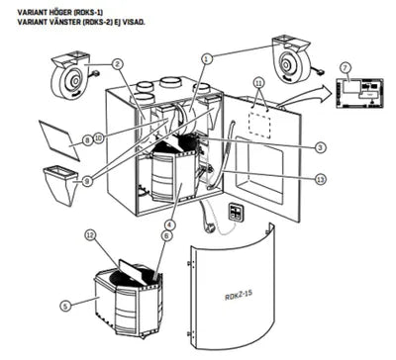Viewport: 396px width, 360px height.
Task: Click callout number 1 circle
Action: pyautogui.click(x=208, y=58)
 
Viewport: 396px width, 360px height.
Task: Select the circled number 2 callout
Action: pyautogui.click(x=117, y=64)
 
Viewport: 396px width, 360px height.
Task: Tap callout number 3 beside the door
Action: pyautogui.click(x=321, y=147)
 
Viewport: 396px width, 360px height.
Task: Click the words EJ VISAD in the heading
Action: pyautogui.click(x=148, y=20)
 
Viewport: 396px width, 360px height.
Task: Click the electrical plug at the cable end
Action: pyautogui.click(x=210, y=226)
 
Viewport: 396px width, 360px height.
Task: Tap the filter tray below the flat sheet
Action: pyautogui.click(x=62, y=184)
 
